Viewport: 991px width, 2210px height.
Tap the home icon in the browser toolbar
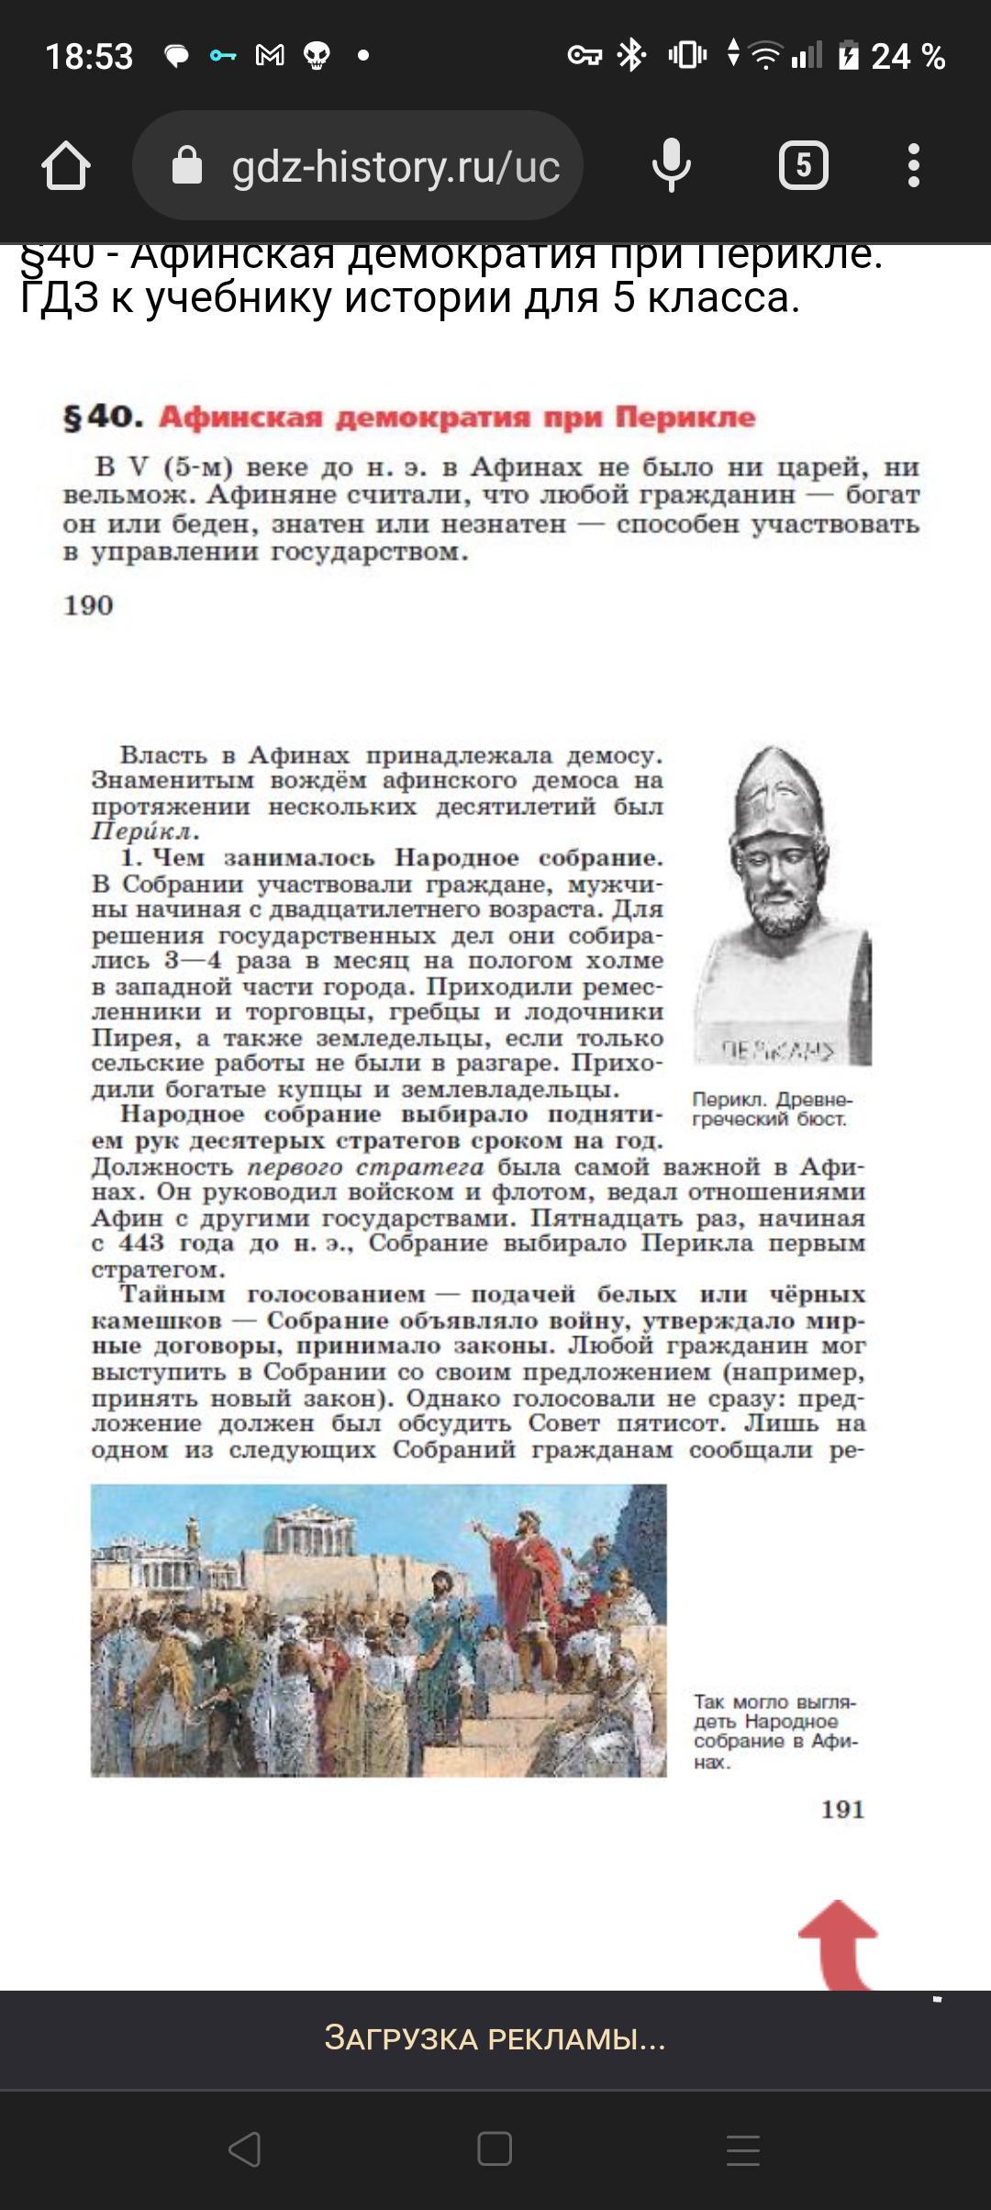pyautogui.click(x=66, y=166)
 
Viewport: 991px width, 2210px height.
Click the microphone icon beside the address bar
pyautogui.click(x=671, y=166)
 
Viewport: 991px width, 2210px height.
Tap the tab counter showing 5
pyautogui.click(x=803, y=166)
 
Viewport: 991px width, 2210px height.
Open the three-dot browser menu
pyautogui.click(x=913, y=166)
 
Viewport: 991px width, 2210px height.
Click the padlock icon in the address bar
pyautogui.click(x=187, y=166)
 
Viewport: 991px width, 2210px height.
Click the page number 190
pyautogui.click(x=88, y=606)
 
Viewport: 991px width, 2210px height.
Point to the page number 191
pyautogui.click(x=842, y=1809)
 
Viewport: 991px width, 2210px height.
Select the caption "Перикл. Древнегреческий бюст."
pyautogui.click(x=772, y=1109)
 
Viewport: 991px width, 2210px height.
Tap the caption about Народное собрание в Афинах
pyautogui.click(x=774, y=1732)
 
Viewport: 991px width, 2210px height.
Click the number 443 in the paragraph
pyautogui.click(x=140, y=1244)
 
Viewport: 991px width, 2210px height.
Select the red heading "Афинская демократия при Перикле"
pyautogui.click(x=457, y=418)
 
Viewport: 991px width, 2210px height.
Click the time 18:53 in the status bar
pyautogui.click(x=89, y=57)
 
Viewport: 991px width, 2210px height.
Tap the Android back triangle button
pyautogui.click(x=245, y=2149)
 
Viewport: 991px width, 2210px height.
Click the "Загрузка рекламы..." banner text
pyautogui.click(x=495, y=2038)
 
